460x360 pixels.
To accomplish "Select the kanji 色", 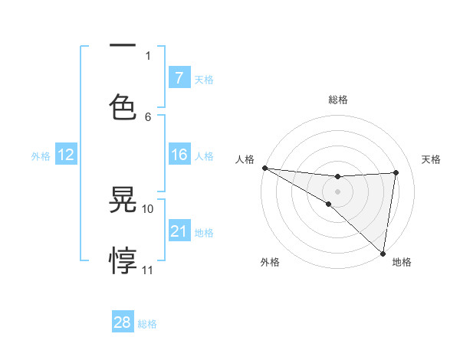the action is click(123, 105).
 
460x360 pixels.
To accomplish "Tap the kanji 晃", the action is click(123, 201).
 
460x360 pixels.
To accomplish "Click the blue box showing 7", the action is click(179, 77).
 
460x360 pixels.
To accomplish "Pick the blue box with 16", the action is click(179, 155).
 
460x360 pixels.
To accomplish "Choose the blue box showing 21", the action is click(179, 231).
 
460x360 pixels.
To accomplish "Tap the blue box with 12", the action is click(66, 155).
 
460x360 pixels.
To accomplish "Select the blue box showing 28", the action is click(123, 322).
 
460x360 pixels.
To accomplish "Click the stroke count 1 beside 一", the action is click(148, 55).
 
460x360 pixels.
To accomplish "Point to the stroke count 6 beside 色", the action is click(148, 116).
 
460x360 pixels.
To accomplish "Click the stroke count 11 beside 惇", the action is click(148, 270).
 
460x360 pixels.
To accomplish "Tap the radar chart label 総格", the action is click(337, 100).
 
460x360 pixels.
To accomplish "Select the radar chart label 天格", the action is click(432, 159).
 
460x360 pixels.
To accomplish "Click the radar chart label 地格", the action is click(402, 262).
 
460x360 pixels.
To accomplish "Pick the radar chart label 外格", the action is click(270, 262).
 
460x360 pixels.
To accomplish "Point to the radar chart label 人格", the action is click(245, 159).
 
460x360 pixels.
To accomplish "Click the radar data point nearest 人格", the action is click(264, 168).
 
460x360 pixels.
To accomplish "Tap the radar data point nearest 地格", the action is click(383, 253).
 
